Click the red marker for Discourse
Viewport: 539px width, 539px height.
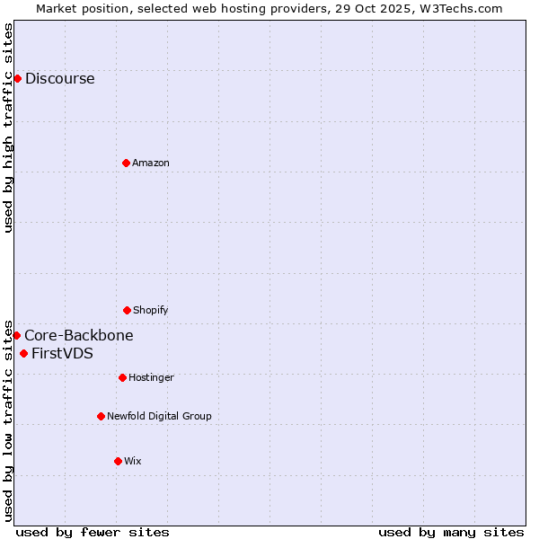click(x=17, y=78)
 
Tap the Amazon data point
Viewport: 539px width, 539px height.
click(x=126, y=163)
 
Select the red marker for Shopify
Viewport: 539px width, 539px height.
click(x=127, y=310)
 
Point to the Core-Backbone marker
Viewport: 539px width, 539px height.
click(x=16, y=335)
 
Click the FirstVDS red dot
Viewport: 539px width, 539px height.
click(x=23, y=353)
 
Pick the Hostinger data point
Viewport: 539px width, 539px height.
click(x=122, y=377)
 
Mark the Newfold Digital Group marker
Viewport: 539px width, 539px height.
click(x=101, y=416)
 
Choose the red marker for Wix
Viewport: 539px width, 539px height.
click(x=118, y=461)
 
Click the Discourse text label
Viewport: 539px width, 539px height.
click(x=59, y=78)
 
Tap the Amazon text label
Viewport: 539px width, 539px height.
click(x=151, y=163)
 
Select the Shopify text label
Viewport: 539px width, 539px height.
click(x=151, y=310)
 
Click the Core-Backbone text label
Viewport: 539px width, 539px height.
click(x=79, y=335)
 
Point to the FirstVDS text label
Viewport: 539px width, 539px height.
click(x=62, y=353)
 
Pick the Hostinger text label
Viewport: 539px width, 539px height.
click(x=151, y=377)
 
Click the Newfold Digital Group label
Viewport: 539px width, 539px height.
click(x=159, y=416)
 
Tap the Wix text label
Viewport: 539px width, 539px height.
click(x=133, y=461)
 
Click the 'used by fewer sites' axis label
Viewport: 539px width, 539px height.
click(x=93, y=532)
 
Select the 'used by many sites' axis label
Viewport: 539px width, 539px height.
click(x=451, y=532)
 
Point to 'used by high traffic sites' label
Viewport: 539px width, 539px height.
click(x=8, y=128)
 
